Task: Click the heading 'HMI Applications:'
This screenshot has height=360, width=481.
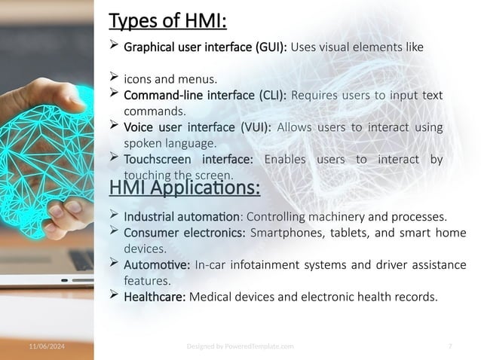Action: (x=185, y=186)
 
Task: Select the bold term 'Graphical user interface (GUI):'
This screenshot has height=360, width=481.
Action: (x=204, y=47)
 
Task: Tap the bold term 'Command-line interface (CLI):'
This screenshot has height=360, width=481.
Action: (x=204, y=96)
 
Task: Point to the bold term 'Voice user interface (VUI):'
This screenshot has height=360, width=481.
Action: (x=197, y=127)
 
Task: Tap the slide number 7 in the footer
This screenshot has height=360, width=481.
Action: (x=449, y=345)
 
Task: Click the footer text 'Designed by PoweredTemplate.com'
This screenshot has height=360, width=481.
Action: (x=240, y=345)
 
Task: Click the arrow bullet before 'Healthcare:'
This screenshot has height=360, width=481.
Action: (x=115, y=295)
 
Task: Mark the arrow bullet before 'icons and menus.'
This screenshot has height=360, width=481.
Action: (x=115, y=77)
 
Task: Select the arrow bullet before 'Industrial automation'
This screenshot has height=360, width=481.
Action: (x=115, y=215)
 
